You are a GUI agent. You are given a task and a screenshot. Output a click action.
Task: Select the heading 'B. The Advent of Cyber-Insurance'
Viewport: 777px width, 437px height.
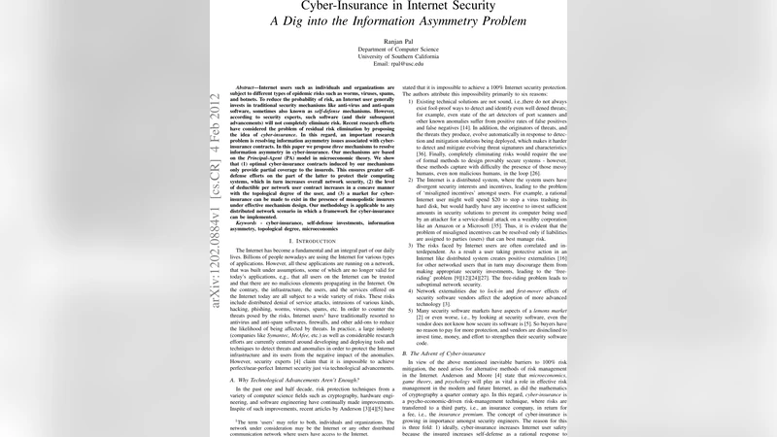tap(447, 353)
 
